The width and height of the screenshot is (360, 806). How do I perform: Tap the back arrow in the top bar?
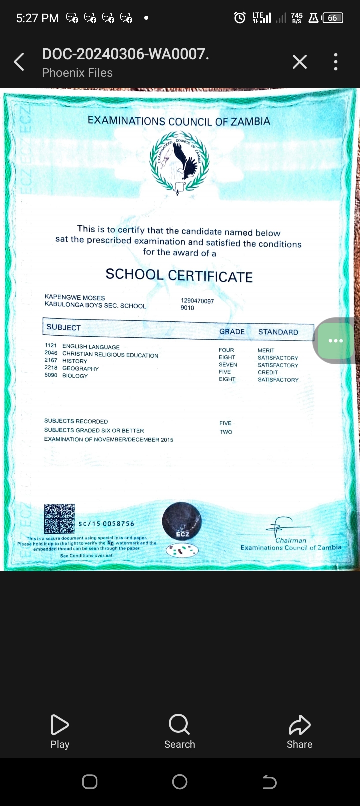coord(19,62)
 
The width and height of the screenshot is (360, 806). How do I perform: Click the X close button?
coord(299,62)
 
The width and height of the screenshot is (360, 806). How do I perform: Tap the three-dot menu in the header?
coord(336,62)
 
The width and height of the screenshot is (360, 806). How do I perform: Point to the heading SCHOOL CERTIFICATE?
coord(179,275)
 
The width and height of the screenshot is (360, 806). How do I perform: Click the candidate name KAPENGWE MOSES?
coord(75,297)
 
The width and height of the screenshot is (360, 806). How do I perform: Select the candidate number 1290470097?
coord(197,301)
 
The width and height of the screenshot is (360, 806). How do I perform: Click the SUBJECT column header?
coord(64,327)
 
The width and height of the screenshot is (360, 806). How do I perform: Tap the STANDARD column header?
coord(278,332)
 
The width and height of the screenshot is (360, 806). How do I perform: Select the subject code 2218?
coord(51,368)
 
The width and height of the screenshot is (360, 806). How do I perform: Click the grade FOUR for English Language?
coord(226,350)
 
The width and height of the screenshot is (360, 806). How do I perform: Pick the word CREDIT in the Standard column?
coord(268,372)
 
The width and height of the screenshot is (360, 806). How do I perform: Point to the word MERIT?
coord(266,350)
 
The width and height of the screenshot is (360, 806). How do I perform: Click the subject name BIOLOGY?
coord(75,376)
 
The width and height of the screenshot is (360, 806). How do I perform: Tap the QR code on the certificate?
coord(59,519)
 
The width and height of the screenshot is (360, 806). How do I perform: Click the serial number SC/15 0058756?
coord(106,524)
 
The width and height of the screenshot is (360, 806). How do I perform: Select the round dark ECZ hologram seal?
coord(182,521)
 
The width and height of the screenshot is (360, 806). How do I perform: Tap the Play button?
coord(60,731)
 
